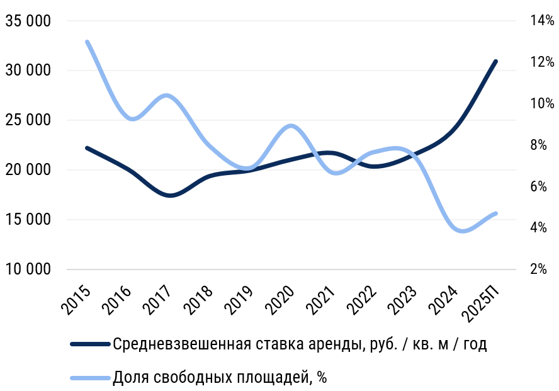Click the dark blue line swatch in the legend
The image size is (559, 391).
90,344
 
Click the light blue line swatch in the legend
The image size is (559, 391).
90,378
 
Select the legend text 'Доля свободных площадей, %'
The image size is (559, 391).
220,378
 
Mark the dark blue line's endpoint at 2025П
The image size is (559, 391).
496,61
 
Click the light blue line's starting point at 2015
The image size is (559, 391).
87,42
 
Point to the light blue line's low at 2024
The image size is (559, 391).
462,231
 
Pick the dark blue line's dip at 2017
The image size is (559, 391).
169,196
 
